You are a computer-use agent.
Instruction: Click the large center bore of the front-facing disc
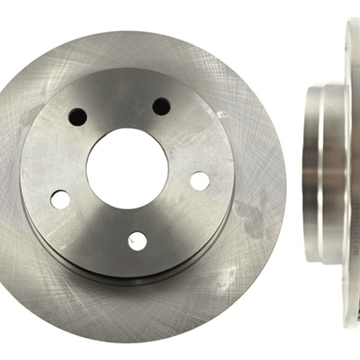(x=127, y=168)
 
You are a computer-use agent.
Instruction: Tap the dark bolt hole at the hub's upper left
(x=78, y=118)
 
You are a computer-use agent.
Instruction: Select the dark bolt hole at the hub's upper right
(x=161, y=106)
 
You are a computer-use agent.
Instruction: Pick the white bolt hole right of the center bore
(x=200, y=181)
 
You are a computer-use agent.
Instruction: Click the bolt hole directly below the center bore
(x=137, y=241)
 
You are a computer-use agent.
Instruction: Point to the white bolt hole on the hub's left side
(x=61, y=199)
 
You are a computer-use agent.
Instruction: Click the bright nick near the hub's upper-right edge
(x=220, y=115)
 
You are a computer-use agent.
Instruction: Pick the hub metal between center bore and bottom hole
(x=133, y=220)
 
